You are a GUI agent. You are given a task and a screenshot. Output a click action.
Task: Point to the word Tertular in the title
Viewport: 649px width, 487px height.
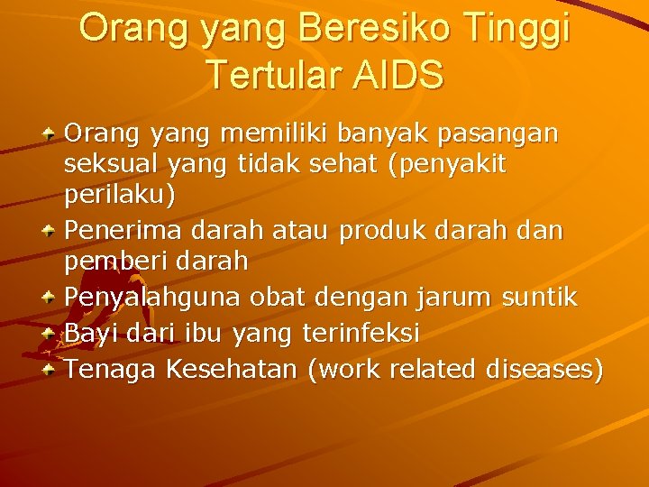pos(270,75)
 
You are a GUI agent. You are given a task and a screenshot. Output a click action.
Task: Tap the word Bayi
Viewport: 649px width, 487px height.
pos(85,333)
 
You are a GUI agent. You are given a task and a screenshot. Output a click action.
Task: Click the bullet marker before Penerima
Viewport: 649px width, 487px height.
pos(51,231)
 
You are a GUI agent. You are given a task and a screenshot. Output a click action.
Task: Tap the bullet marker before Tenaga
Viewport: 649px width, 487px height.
pos(51,369)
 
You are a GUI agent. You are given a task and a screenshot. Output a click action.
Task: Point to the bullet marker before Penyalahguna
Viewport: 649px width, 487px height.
pos(51,295)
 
